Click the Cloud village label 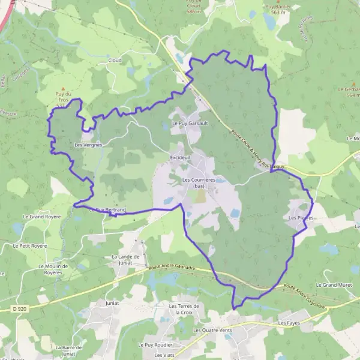pos(114,61)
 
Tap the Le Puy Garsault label pos(190,123)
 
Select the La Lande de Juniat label pos(125,259)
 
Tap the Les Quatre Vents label pos(212,330)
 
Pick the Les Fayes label pos(289,323)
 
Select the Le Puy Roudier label pos(155,345)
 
